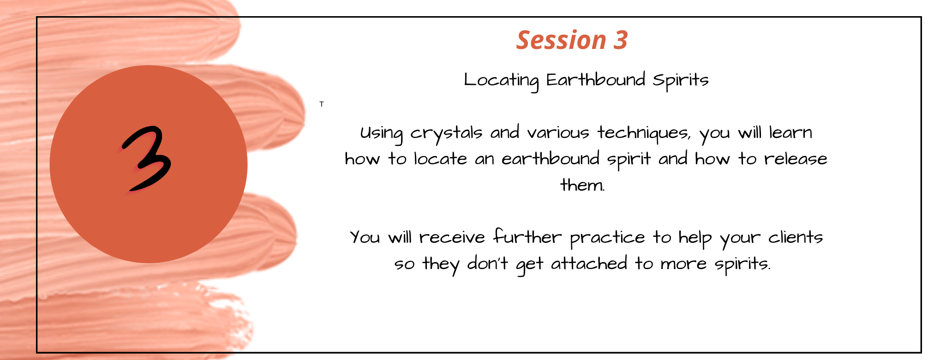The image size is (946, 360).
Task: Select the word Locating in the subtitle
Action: [501, 81]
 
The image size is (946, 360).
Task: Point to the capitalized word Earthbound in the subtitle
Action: [596, 79]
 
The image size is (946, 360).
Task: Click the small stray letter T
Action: [322, 104]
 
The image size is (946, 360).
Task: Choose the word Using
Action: [381, 134]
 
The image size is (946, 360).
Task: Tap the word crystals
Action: [446, 133]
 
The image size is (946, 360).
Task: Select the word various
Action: [558, 133]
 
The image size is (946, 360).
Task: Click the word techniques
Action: [643, 133]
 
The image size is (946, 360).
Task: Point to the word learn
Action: [790, 132]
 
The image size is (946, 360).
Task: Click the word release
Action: [796, 159]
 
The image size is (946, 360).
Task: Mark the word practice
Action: [607, 238]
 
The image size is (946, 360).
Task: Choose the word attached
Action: [589, 263]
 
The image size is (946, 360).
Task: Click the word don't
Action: [488, 263]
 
